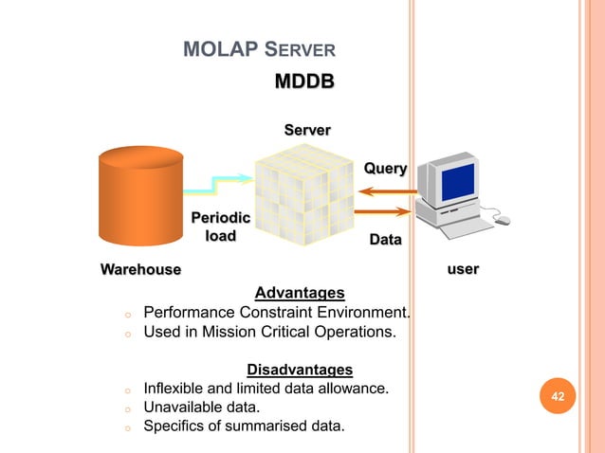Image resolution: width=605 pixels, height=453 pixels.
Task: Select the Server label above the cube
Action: coord(307,129)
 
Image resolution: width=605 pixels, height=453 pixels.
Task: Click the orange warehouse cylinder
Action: coord(140,198)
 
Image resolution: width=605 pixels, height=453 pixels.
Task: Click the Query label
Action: coord(385,169)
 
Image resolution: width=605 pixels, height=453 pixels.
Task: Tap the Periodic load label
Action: coord(221,226)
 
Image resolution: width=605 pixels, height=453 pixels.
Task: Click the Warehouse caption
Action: coord(140,270)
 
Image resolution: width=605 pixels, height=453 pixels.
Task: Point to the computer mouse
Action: coord(503,220)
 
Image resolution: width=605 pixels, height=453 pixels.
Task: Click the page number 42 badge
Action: coord(558,395)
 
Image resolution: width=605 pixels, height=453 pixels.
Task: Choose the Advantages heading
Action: coord(300,292)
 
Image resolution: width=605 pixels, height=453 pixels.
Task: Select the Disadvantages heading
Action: coord(300,369)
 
